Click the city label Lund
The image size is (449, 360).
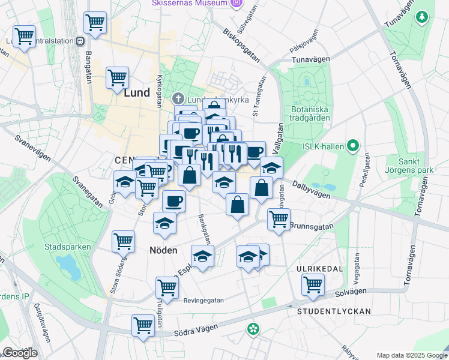[136, 94]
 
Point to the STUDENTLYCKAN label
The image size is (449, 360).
[334, 311]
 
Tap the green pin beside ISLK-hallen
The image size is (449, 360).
[353, 145]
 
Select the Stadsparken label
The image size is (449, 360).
[68, 247]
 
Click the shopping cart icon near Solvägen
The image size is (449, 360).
[313, 284]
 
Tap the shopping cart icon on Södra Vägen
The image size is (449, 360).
[143, 326]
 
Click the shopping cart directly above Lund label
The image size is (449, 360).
[117, 77]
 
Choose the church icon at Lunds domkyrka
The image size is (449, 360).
[178, 98]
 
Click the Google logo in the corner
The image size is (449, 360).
[19, 353]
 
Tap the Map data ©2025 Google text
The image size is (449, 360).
[411, 355]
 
